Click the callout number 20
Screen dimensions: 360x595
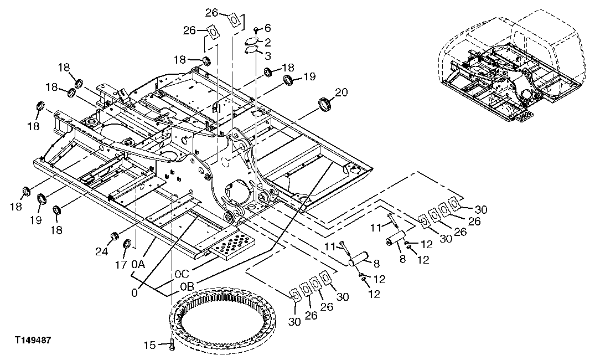click(x=341, y=93)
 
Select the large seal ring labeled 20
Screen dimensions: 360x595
click(x=325, y=104)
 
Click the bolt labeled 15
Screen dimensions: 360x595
click(x=171, y=345)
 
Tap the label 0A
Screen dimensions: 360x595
click(x=138, y=264)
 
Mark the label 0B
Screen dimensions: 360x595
click(x=187, y=287)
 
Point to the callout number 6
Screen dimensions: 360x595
click(x=267, y=28)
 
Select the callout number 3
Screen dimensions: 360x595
click(x=267, y=55)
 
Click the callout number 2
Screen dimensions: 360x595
click(x=267, y=42)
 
